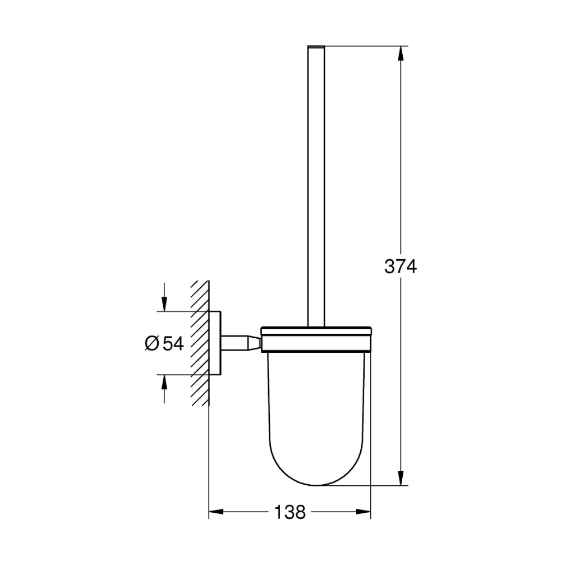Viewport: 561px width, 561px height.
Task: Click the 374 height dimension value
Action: pos(401,266)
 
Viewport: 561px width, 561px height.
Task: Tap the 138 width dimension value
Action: pos(290,512)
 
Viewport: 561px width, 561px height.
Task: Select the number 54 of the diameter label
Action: pos(173,343)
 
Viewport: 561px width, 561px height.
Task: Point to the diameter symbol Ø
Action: pos(151,343)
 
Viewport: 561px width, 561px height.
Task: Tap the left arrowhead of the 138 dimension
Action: pos(216,512)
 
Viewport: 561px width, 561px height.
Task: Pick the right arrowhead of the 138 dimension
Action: pos(363,512)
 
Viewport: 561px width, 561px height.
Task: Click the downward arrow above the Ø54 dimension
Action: pos(164,297)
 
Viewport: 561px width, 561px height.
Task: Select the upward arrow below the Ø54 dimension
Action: pos(164,389)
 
